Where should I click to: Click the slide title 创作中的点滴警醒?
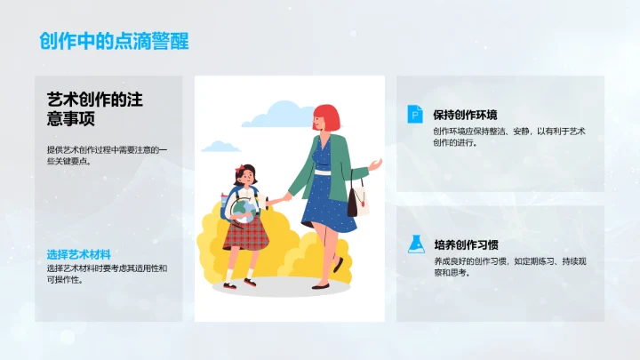click(114, 41)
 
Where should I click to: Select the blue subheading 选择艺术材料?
click(84, 254)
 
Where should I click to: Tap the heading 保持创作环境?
click(465, 115)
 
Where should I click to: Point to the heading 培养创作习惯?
click(465, 244)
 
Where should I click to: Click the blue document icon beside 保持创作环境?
click(414, 114)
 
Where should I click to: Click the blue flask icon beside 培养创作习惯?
click(414, 244)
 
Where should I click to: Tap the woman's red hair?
click(326, 116)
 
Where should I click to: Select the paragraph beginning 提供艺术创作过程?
click(106, 155)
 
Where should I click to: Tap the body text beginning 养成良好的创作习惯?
click(503, 267)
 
